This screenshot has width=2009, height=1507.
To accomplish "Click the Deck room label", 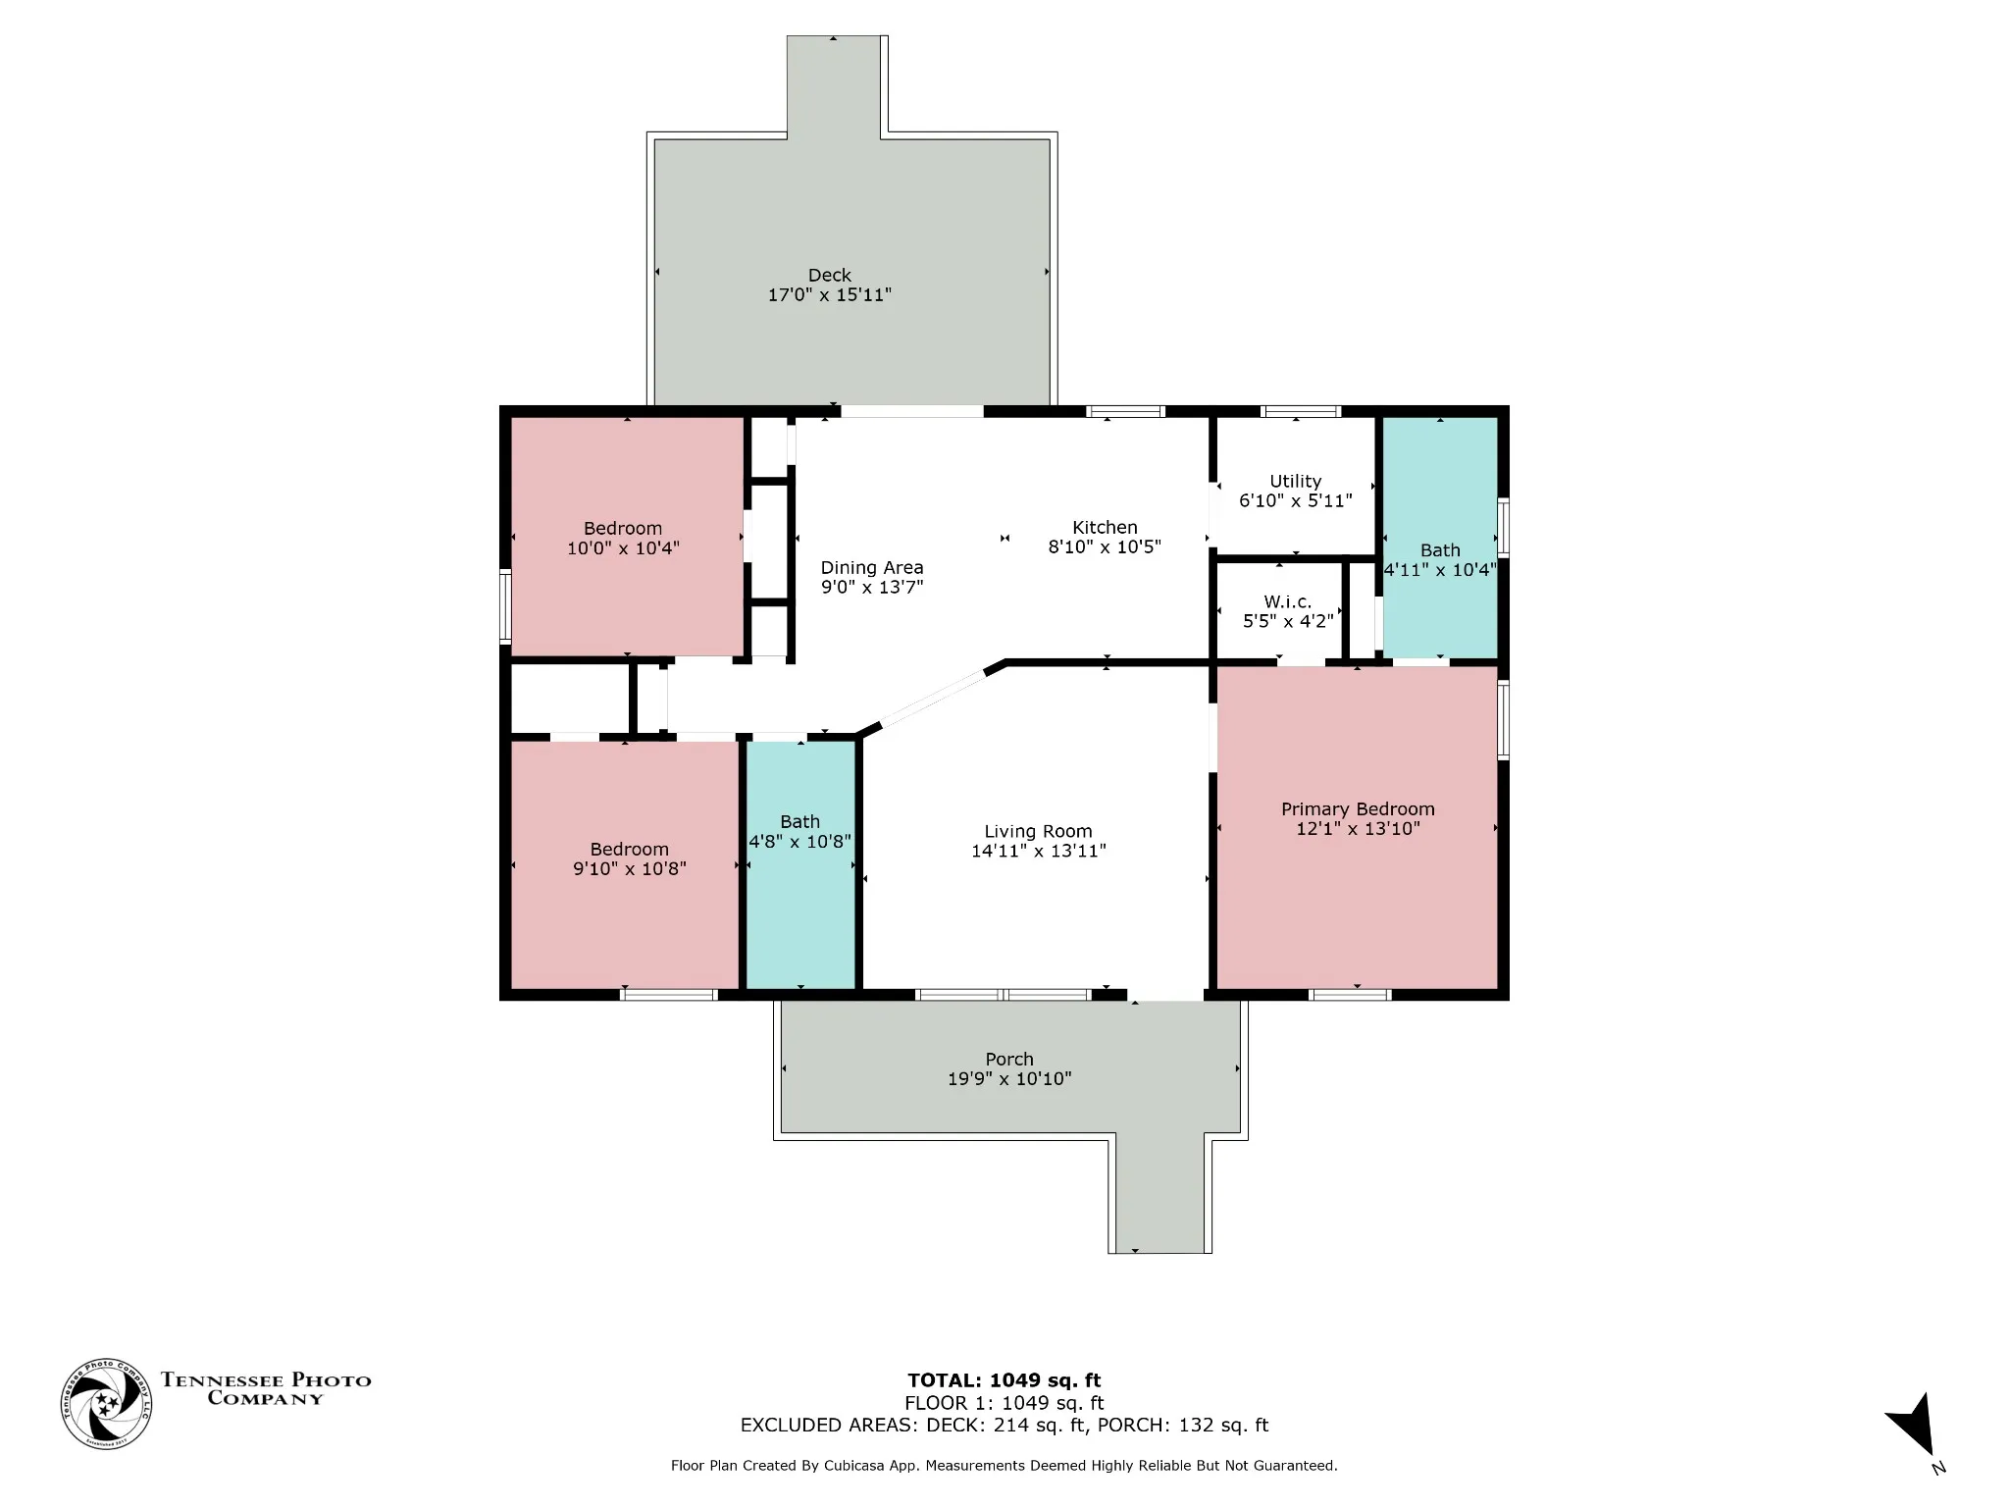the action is (829, 276).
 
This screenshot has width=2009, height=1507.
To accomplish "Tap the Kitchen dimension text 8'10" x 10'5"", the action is (1105, 547).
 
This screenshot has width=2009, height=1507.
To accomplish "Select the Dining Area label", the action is (872, 568).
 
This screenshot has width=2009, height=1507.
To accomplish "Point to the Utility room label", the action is (1295, 482).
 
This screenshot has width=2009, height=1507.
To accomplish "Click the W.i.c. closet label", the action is (1287, 602).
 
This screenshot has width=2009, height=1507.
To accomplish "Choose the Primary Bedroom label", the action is (1358, 809).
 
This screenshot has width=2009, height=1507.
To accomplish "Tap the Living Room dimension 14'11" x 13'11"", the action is (1039, 852).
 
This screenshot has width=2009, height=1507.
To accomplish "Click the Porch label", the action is (1009, 1060).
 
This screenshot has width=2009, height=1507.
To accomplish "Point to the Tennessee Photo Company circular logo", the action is (107, 1404).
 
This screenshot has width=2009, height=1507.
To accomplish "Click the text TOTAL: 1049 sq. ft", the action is (1004, 1380).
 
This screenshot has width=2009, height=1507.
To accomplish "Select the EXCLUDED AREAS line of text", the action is (1004, 1425).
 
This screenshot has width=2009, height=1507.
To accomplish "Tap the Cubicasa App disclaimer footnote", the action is (1004, 1466).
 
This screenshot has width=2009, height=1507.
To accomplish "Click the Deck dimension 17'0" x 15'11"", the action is (829, 295).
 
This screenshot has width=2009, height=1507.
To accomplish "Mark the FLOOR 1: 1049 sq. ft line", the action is (1004, 1403).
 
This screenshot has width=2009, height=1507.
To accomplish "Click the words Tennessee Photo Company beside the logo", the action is (266, 1389).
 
